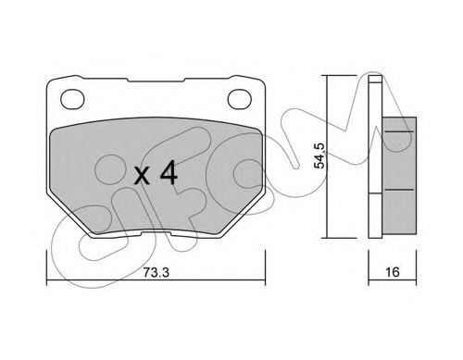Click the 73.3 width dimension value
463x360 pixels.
tap(156, 272)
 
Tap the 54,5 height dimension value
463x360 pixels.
tap(319, 155)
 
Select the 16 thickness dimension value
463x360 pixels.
tap(393, 272)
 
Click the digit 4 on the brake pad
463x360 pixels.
tap(169, 174)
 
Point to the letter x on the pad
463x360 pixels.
tap(142, 177)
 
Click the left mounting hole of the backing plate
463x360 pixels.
tap(72, 99)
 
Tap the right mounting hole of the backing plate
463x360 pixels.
tap(240, 99)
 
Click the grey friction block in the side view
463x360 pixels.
tap(399, 175)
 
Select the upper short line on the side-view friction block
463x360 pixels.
tap(399, 131)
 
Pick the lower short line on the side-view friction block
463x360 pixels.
tap(399, 190)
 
